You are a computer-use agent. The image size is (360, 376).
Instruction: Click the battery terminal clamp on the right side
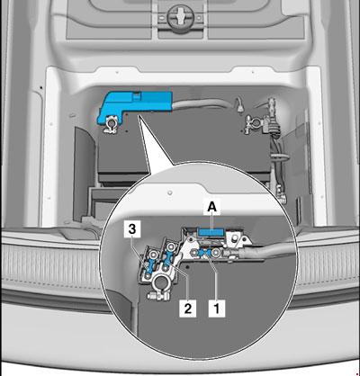tap(248, 119)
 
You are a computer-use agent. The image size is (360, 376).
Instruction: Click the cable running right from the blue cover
tap(184, 108)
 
